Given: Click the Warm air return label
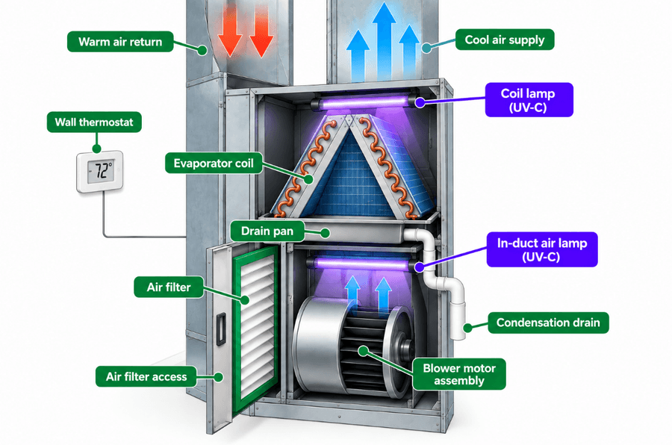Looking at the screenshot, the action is (x=120, y=42).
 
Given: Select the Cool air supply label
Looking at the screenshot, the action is (x=505, y=40).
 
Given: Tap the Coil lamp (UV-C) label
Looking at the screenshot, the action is (x=529, y=100).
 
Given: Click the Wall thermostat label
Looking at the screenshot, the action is (x=94, y=122).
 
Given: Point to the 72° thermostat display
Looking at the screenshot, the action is (x=100, y=171).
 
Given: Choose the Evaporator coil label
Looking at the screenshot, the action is (x=214, y=164).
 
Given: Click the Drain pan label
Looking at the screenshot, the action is (x=267, y=231).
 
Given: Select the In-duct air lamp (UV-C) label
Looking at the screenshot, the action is (x=542, y=249).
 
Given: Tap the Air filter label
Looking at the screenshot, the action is (x=169, y=287).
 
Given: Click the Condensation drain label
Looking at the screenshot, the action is (x=548, y=323).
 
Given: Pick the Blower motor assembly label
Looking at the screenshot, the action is (x=459, y=374).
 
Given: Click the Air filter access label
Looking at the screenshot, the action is (x=146, y=376).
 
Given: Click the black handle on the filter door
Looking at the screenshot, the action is (x=221, y=329).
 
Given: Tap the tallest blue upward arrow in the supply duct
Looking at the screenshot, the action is (x=384, y=41).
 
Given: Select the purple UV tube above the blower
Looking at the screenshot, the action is (x=362, y=264).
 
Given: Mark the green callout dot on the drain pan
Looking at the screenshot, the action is (x=326, y=233).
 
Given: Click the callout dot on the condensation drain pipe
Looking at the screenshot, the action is (x=467, y=328).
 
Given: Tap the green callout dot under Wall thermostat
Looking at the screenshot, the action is (x=97, y=149).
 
